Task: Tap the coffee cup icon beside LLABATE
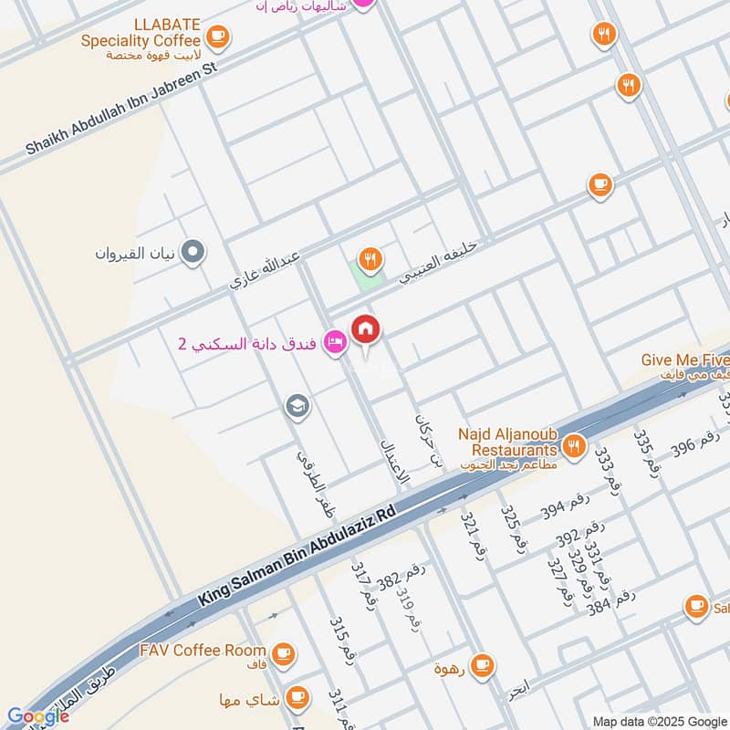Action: [x=217, y=36]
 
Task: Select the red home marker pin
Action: [x=366, y=329]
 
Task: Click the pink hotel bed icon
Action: [x=336, y=342]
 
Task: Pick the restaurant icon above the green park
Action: [x=369, y=259]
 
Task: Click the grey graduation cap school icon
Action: [x=297, y=405]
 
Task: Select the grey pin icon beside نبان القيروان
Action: [x=193, y=252]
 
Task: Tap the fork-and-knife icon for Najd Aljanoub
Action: [x=573, y=445]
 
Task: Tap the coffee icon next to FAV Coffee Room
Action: [x=284, y=652]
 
